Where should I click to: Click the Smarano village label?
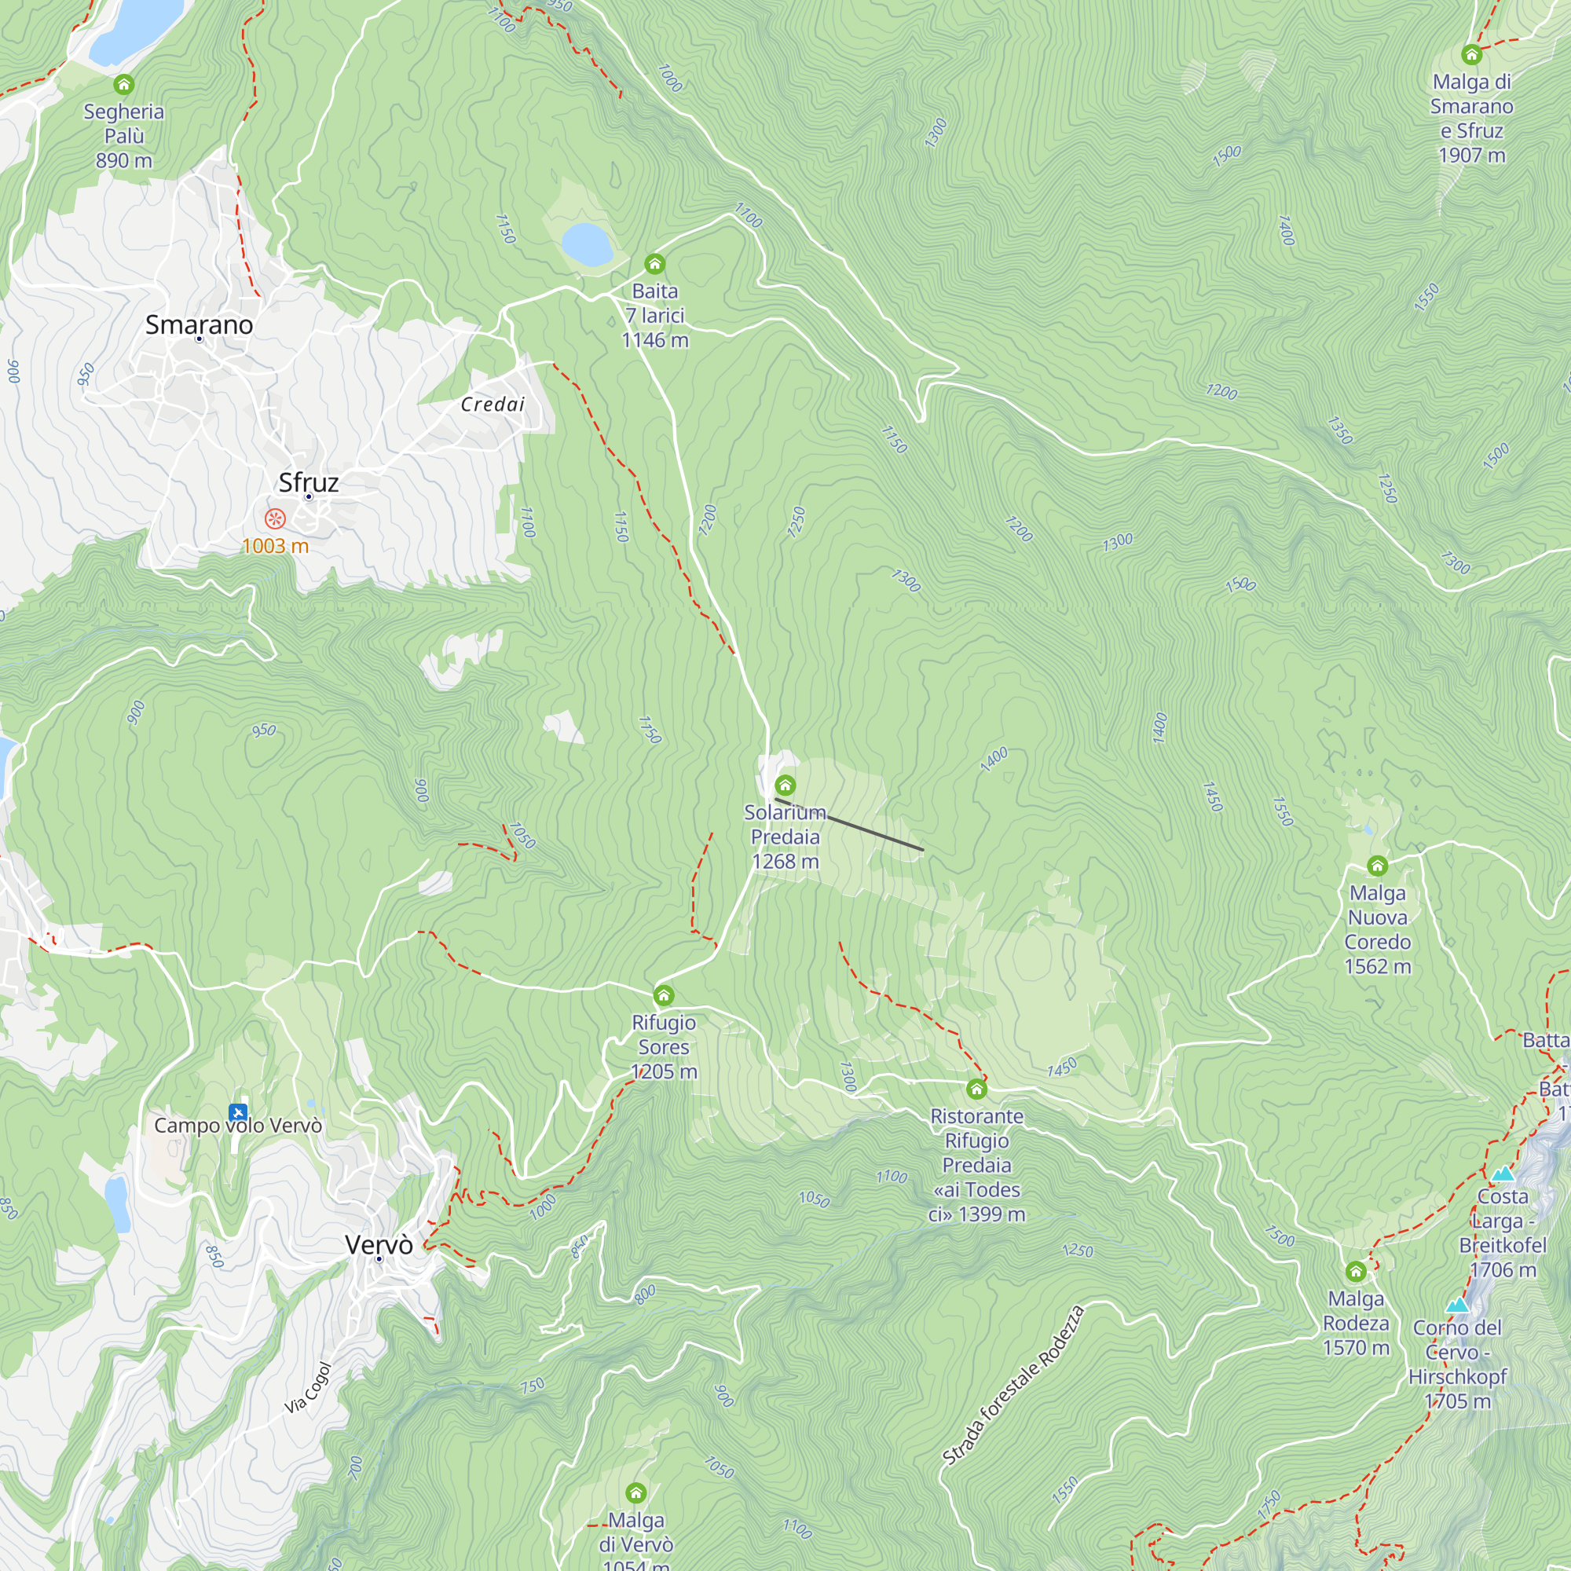200,324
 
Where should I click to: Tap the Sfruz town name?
308,482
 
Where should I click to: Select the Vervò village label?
379,1244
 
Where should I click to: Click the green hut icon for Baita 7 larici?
654,263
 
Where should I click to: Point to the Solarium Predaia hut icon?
785,785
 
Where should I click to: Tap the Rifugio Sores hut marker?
664,995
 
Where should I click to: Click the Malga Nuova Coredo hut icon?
1377,865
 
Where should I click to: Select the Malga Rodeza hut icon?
1356,1271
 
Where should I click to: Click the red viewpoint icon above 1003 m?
276,518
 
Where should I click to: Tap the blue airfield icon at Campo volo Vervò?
237,1111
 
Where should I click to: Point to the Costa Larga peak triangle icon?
1503,1174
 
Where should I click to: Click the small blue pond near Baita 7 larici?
587,245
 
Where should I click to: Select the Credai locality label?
493,404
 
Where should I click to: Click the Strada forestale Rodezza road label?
1013,1385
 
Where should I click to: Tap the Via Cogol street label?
308,1387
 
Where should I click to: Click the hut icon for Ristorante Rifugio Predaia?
976,1089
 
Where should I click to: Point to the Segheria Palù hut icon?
123,84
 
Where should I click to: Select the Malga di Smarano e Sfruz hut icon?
1471,54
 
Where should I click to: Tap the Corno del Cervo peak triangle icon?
1457,1306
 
